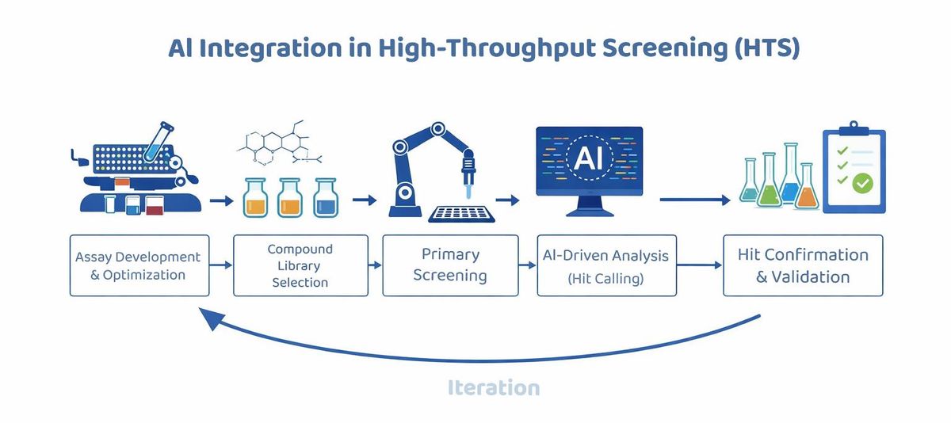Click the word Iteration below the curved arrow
(494, 387)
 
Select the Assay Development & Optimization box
(139, 265)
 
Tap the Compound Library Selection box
(300, 265)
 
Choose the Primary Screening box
(450, 265)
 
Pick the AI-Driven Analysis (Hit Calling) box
(607, 265)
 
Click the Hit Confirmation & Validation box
(803, 265)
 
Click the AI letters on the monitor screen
(588, 158)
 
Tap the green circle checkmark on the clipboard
(862, 183)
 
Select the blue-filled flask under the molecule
(326, 198)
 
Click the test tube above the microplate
(158, 142)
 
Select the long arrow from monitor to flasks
(694, 200)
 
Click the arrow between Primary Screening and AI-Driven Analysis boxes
(527, 265)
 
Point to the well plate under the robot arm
(461, 214)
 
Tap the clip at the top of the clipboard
(854, 128)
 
